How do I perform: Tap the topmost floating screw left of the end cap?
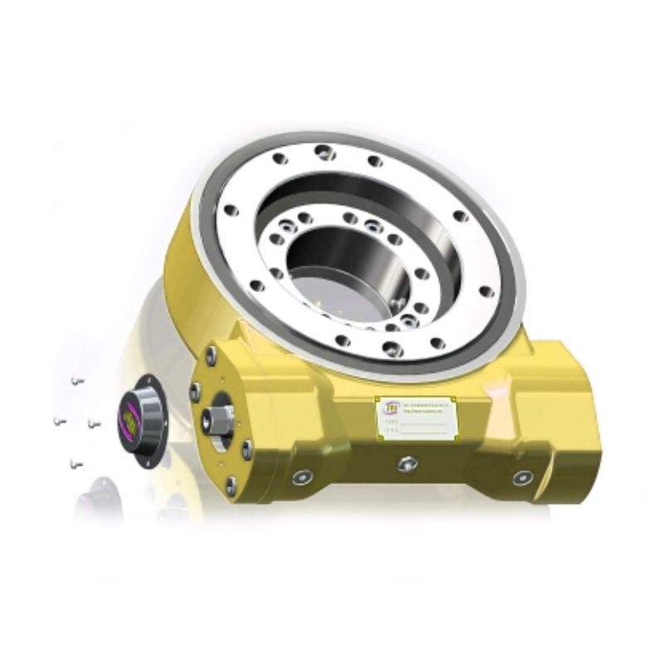click(76, 380)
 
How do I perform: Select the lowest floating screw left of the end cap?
click(76, 461)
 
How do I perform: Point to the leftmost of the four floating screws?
click(59, 422)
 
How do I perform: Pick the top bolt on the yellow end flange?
click(211, 354)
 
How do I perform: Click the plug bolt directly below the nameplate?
click(407, 464)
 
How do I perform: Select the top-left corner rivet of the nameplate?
click(378, 399)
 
